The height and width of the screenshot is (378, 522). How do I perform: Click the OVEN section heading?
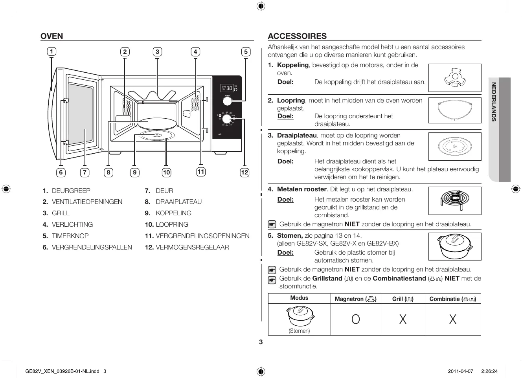(51, 36)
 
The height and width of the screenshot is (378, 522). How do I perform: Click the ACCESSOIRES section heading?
(297, 36)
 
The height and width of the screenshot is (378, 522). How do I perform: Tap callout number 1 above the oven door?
(51, 51)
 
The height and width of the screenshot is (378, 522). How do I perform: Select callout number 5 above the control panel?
(246, 51)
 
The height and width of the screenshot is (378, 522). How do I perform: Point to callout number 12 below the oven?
(244, 172)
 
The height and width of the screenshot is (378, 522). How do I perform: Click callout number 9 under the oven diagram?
(134, 172)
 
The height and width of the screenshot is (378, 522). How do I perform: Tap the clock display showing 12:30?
(227, 88)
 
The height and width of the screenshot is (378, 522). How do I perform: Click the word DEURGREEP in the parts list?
(71, 191)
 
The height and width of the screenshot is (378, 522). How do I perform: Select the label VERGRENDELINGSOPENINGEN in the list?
(202, 236)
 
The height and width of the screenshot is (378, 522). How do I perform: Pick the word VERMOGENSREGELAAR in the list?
(192, 247)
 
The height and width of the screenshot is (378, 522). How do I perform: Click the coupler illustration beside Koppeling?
(454, 78)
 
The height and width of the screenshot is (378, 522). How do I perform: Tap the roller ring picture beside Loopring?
(454, 110)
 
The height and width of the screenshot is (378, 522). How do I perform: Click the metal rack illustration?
(454, 200)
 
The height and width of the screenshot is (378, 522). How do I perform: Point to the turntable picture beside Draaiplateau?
(454, 147)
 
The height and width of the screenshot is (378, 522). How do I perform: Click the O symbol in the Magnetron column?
(355, 319)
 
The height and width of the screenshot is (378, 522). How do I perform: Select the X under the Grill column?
(403, 319)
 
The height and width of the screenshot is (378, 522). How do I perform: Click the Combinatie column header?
(452, 299)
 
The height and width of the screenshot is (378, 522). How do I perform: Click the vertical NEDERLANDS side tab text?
(494, 102)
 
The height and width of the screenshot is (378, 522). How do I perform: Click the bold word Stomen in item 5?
(290, 235)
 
